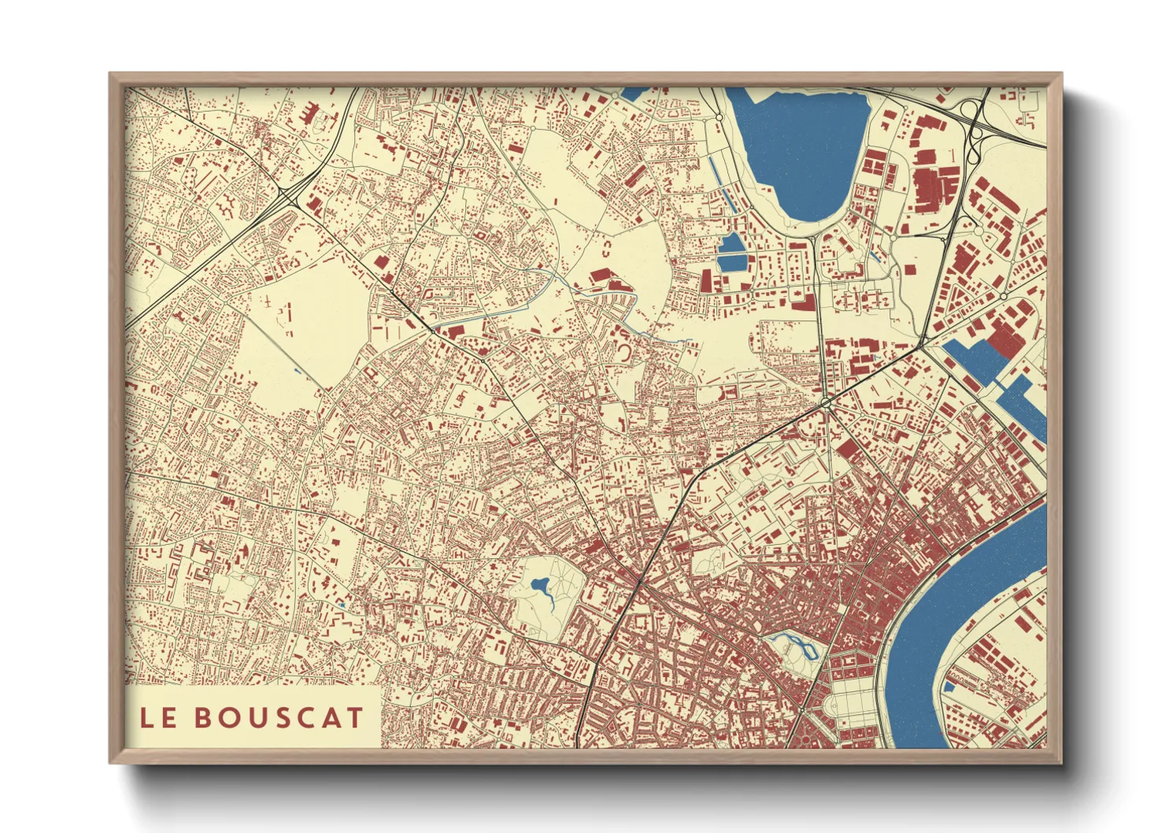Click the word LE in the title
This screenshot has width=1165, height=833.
coord(157,717)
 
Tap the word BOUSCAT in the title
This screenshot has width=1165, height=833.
coord(279,717)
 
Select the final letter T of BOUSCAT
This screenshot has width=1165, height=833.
coord(355,717)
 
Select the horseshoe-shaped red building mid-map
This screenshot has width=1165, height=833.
coord(623,350)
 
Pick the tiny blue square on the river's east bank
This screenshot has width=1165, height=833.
coord(949,687)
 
